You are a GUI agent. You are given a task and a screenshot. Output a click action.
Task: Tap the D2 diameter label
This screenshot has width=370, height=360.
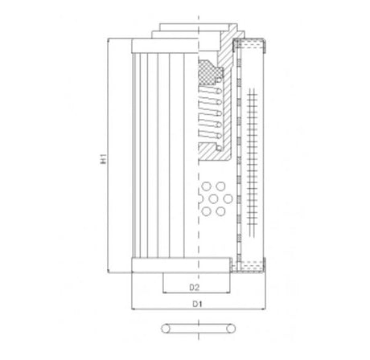pos(194,286)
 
